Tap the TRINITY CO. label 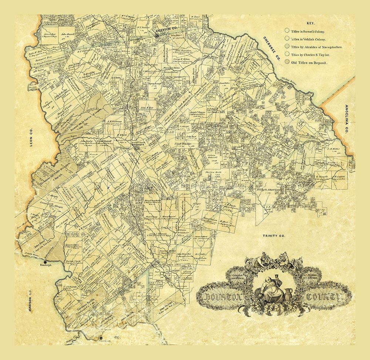click(273, 235)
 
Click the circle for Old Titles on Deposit click(287, 63)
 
